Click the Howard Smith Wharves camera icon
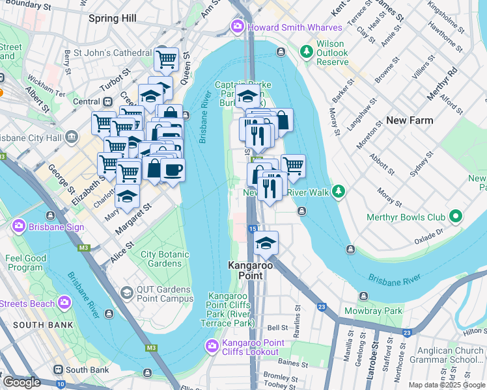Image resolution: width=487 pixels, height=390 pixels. tap(238, 27)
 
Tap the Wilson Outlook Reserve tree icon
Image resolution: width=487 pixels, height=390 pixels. tap(306, 50)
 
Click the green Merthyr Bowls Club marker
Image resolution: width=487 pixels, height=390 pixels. tap(456, 216)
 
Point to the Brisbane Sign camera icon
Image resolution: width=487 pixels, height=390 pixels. tap(18, 226)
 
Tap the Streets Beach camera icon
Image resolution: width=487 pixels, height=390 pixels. tap(64, 303)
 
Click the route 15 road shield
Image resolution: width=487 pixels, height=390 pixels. tap(252, 229)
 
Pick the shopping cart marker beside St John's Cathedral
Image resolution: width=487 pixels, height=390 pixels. tap(167, 59)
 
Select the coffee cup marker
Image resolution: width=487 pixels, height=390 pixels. tap(173, 170)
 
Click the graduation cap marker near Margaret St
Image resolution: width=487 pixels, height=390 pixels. tap(128, 196)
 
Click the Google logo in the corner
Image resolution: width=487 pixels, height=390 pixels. tap(21, 382)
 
